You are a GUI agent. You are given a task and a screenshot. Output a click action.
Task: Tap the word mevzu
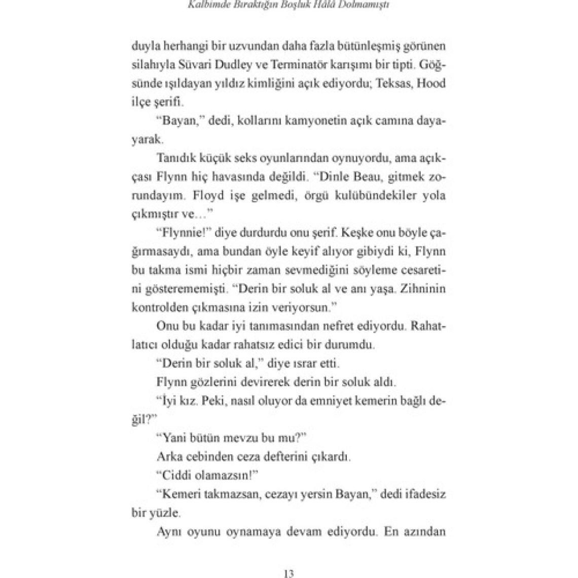point(256,438)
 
